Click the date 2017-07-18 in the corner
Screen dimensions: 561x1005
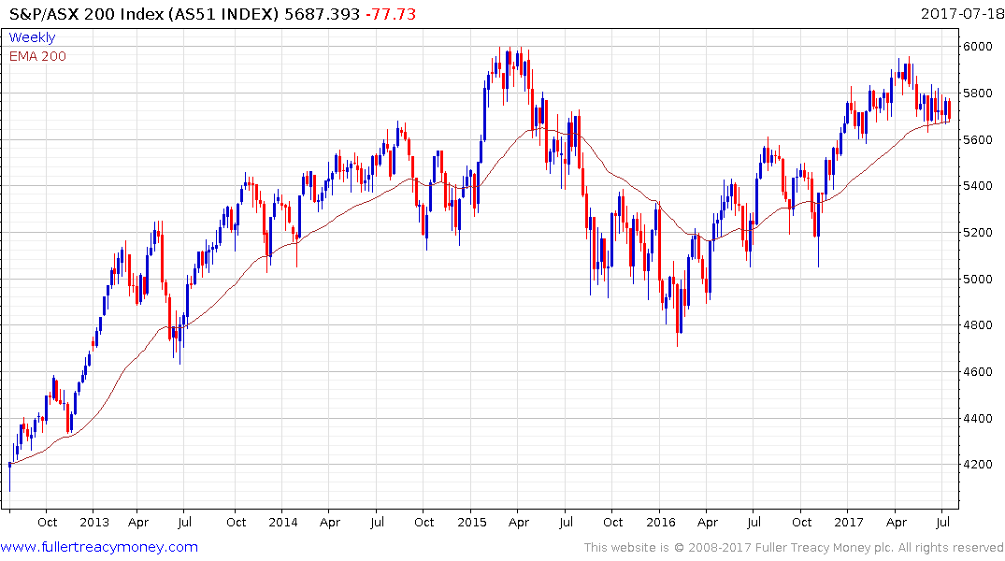pyautogui.click(x=960, y=14)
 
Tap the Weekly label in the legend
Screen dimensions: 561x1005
pyautogui.click(x=32, y=37)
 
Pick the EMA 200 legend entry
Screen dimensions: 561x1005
pyautogui.click(x=37, y=56)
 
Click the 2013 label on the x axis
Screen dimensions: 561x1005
pyautogui.click(x=93, y=522)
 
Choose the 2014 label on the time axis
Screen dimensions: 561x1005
pyautogui.click(x=284, y=522)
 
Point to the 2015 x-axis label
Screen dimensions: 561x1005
pyautogui.click(x=471, y=522)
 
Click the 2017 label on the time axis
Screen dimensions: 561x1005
pyautogui.click(x=849, y=522)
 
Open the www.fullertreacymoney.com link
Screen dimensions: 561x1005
pyautogui.click(x=99, y=547)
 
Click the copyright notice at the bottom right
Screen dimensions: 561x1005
pyautogui.click(x=794, y=548)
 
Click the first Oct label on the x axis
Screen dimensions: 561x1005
pyautogui.click(x=47, y=522)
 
